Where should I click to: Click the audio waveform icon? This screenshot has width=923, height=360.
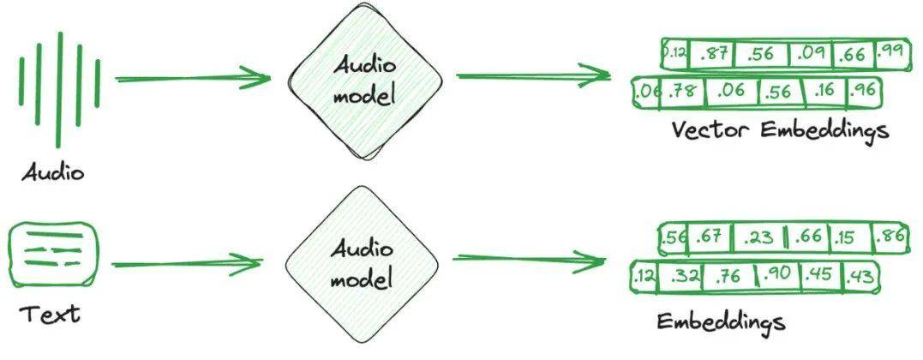tap(59, 89)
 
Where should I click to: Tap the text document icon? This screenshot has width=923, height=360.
tap(54, 254)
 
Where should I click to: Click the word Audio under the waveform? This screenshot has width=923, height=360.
tap(53, 172)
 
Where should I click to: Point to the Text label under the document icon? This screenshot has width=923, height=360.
tap(50, 314)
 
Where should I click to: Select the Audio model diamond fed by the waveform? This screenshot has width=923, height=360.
tap(365, 82)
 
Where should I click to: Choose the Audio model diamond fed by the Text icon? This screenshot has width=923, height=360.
tap(362, 264)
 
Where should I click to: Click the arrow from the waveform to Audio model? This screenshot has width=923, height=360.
tap(193, 78)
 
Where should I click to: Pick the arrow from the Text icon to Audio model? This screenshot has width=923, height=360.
tap(187, 264)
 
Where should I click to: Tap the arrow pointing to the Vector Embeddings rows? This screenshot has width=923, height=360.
tap(533, 75)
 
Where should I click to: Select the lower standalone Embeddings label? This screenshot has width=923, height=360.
tap(721, 322)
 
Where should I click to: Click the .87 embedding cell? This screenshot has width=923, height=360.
tap(712, 54)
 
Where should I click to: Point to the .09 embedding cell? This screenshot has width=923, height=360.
tap(811, 55)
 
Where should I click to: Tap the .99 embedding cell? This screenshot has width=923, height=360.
tap(890, 52)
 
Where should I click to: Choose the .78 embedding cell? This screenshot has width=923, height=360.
tap(682, 93)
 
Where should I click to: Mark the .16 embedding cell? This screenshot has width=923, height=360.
tap(825, 92)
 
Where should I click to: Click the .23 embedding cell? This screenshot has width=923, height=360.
tap(758, 237)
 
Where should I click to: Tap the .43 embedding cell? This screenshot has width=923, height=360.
tap(860, 276)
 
